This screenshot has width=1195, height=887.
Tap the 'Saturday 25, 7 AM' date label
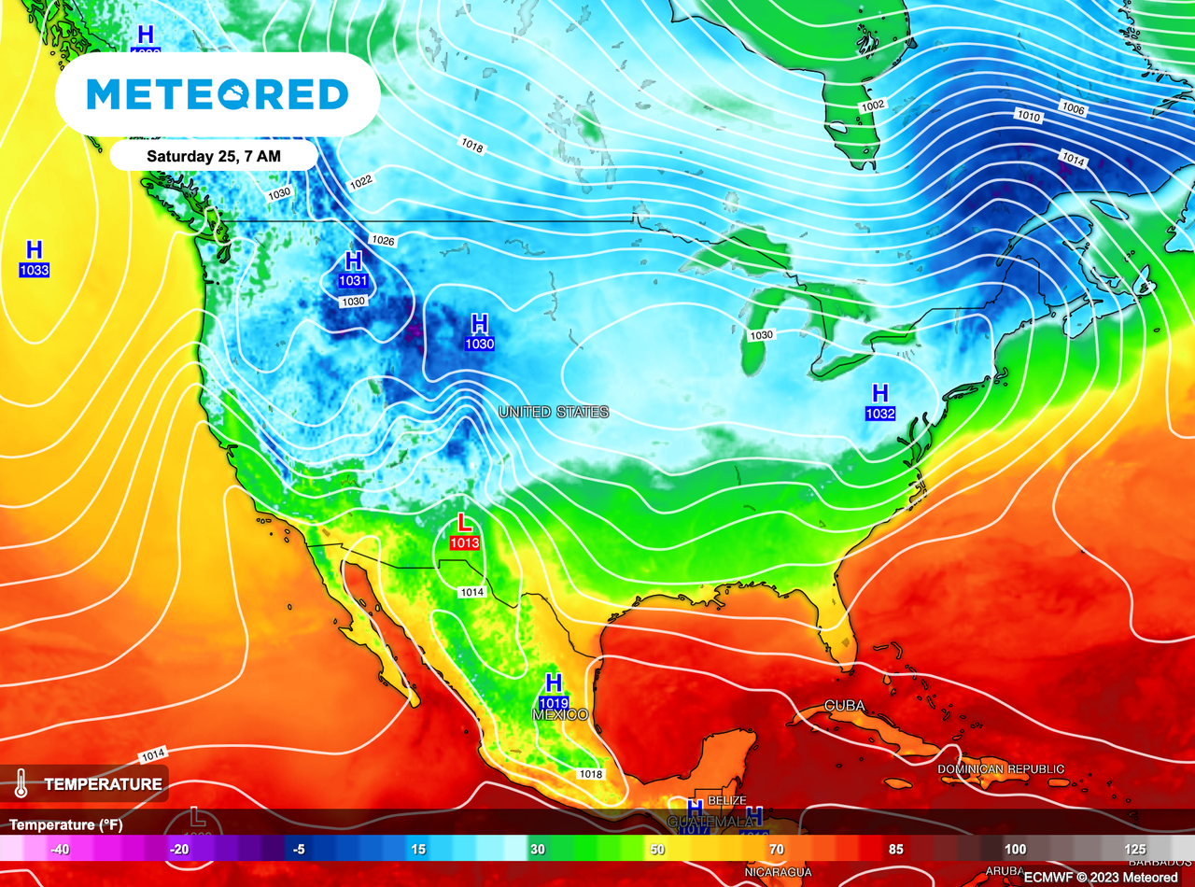[214, 156]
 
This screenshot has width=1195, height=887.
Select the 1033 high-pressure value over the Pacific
[34, 271]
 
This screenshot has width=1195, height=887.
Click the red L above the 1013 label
[464, 524]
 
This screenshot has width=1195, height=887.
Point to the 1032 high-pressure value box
[880, 413]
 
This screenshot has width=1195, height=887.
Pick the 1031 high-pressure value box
[353, 281]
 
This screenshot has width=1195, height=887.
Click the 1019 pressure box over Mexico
[554, 702]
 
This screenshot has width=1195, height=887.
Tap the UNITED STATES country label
[554, 412]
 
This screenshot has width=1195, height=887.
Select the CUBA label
[844, 705]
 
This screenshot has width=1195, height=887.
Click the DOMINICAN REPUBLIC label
[1001, 768]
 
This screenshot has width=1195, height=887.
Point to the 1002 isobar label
[873, 106]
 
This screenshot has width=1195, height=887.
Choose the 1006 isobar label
[1074, 109]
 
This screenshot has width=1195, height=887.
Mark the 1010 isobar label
[1028, 117]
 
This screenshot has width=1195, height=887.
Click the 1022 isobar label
[361, 181]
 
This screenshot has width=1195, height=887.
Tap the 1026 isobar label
[383, 240]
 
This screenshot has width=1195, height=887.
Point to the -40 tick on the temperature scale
[61, 849]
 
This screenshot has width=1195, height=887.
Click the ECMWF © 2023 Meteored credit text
[1100, 878]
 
